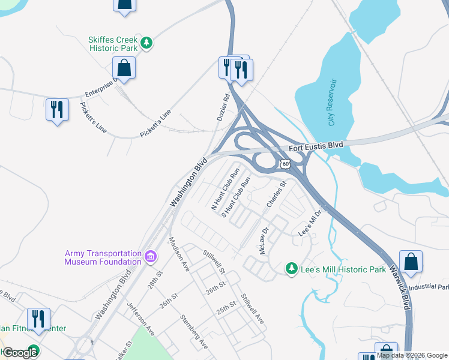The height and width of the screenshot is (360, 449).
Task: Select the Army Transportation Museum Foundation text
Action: pyautogui.click(x=103, y=257)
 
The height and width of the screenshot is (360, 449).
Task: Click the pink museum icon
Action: pyautogui.click(x=150, y=258)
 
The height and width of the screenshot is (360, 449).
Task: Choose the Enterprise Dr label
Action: pyautogui.click(x=99, y=86)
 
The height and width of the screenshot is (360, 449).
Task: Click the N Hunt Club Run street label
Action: pyautogui.click(x=221, y=191)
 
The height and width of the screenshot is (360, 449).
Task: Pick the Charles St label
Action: pyautogui.click(x=276, y=195)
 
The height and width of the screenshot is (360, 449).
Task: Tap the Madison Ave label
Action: pyautogui.click(x=179, y=253)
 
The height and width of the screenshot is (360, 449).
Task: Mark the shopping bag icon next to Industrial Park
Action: pyautogui.click(x=411, y=262)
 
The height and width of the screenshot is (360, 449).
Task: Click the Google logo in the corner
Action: pyautogui.click(x=20, y=352)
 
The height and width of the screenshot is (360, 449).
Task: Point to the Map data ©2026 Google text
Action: pyautogui.click(x=412, y=356)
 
